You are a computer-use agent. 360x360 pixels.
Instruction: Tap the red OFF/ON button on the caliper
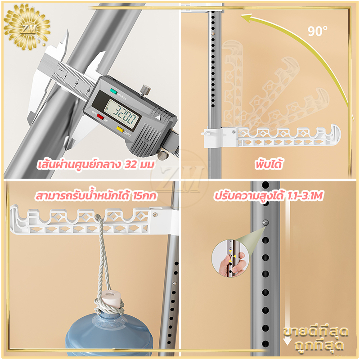[x=100, y=117]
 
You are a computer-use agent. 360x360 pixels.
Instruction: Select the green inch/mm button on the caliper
[x=113, y=91]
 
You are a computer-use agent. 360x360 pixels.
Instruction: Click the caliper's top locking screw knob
[x=145, y=90]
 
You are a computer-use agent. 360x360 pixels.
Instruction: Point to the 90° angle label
[x=318, y=31]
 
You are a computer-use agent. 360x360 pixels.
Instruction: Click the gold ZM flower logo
[x=27, y=27]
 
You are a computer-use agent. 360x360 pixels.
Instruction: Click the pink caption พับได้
[x=269, y=164]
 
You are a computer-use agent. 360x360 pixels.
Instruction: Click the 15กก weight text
[x=144, y=196]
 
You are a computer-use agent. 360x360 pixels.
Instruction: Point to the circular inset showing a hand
[x=230, y=258]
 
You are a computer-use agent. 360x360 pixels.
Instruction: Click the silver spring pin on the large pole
[x=265, y=222]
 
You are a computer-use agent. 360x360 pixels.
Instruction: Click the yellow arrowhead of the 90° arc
[x=247, y=18]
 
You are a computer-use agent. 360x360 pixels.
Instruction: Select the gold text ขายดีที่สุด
[x=316, y=332]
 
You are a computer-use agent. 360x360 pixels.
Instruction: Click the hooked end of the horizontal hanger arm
[x=333, y=133]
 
